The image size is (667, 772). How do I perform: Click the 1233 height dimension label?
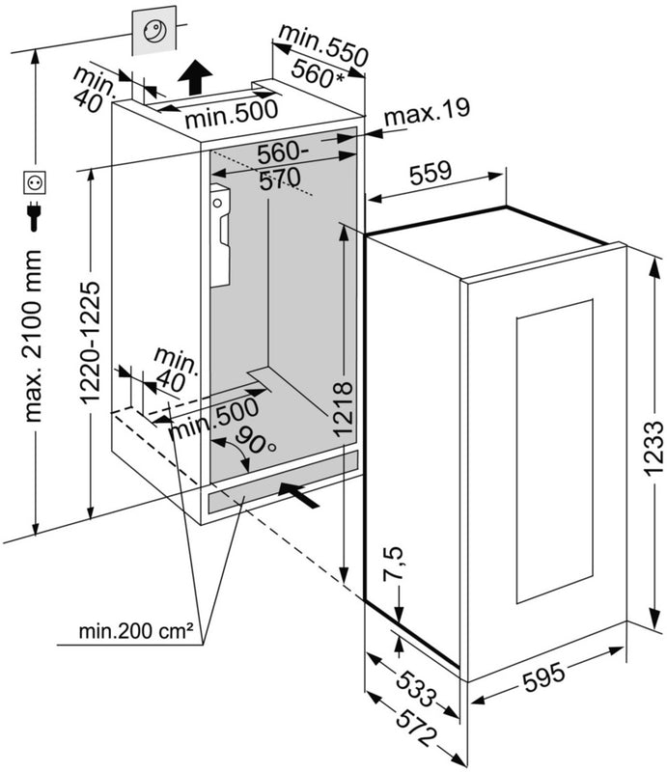653,448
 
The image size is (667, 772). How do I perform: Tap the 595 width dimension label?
543,676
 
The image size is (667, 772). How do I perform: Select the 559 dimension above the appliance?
431,173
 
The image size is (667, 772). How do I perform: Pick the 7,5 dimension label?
395,564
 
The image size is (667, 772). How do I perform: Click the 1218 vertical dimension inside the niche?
344,408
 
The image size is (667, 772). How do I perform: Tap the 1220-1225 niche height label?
90,343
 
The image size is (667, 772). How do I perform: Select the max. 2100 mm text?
33,335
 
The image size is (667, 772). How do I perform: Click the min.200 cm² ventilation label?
135,631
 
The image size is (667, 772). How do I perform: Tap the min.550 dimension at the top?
323,43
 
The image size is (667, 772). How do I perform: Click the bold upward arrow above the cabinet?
195,77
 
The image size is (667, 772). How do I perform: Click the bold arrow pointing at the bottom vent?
299,494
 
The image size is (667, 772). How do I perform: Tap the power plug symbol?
34,215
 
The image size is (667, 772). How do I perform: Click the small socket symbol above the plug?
35,182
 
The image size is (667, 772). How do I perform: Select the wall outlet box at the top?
154,31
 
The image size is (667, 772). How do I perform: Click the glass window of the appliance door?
555,452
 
